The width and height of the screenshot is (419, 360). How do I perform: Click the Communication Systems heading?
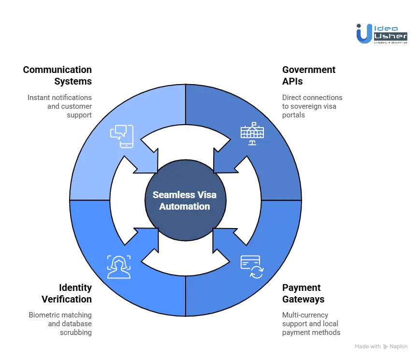pyautogui.click(x=58, y=75)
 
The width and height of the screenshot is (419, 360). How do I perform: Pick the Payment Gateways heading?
pyautogui.click(x=303, y=293)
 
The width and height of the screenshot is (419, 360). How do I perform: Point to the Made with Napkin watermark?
pyautogui.click(x=381, y=346)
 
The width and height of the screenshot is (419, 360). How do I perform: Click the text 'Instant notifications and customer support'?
pyautogui.click(x=59, y=106)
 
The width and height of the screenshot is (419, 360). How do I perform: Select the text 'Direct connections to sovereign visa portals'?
pyautogui.click(x=312, y=106)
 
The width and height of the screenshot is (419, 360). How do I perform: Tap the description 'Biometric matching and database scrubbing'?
pyautogui.click(x=60, y=324)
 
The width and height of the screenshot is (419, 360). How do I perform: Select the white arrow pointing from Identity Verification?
pyautogui.click(x=147, y=245)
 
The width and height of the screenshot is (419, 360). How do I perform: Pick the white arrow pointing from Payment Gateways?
pyautogui.click(x=223, y=245)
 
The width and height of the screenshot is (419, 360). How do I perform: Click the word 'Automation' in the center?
pyautogui.click(x=185, y=206)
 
